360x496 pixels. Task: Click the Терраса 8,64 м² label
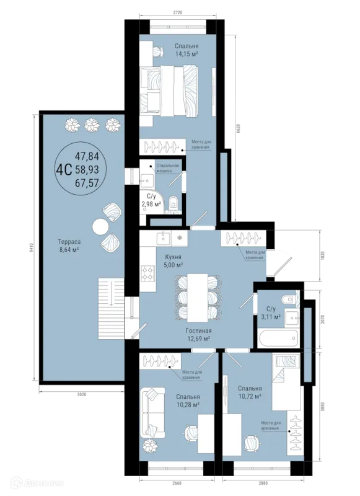coord(69,246)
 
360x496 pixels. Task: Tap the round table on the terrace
coord(100,226)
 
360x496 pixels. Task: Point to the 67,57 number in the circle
coord(87,182)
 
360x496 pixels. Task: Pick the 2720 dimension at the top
coord(178,12)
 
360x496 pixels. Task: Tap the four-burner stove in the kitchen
coord(147,273)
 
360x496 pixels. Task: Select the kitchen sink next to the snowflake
coord(163,237)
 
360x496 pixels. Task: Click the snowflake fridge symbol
coord(179,237)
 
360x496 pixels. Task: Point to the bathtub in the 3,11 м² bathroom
coord(278,339)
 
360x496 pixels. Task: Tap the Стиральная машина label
coord(167,168)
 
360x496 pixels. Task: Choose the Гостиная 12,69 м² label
coord(198,335)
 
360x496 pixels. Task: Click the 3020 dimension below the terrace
coord(82,394)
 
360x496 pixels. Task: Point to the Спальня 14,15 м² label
coord(187,50)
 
